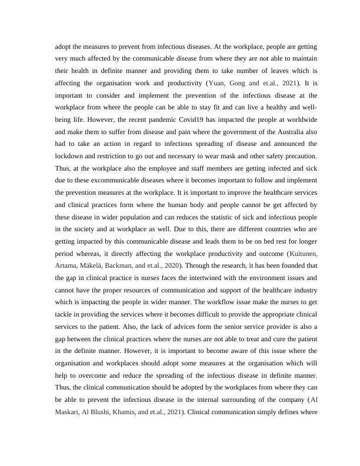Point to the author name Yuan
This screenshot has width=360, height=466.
coord(220,82)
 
